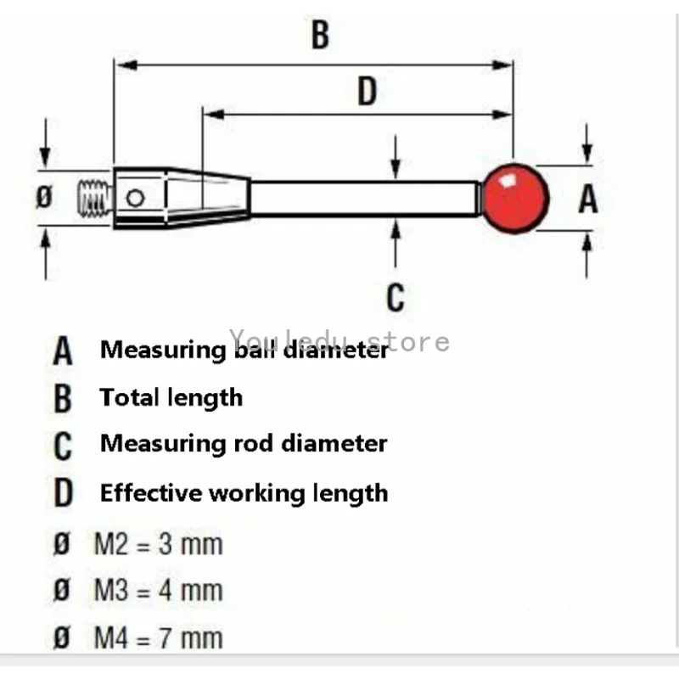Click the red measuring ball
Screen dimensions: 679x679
pos(514,198)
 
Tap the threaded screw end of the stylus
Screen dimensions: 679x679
pos(95,198)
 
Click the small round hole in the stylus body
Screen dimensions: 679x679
pos(134,199)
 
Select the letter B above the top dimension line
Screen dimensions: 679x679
pos(319,36)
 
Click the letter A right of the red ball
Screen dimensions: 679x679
pos(587,199)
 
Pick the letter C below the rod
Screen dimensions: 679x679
pos(396,298)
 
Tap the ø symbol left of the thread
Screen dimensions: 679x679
pos(45,198)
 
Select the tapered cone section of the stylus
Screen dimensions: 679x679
pos(207,199)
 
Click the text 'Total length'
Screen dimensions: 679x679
pos(171,397)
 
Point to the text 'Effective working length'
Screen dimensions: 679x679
pos(244,493)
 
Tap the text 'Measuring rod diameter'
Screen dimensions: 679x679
pos(244,443)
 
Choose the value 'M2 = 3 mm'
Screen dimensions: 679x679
pos(157,543)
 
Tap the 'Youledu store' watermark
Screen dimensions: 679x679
pos(339,341)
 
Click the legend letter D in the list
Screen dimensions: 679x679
pos(62,494)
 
